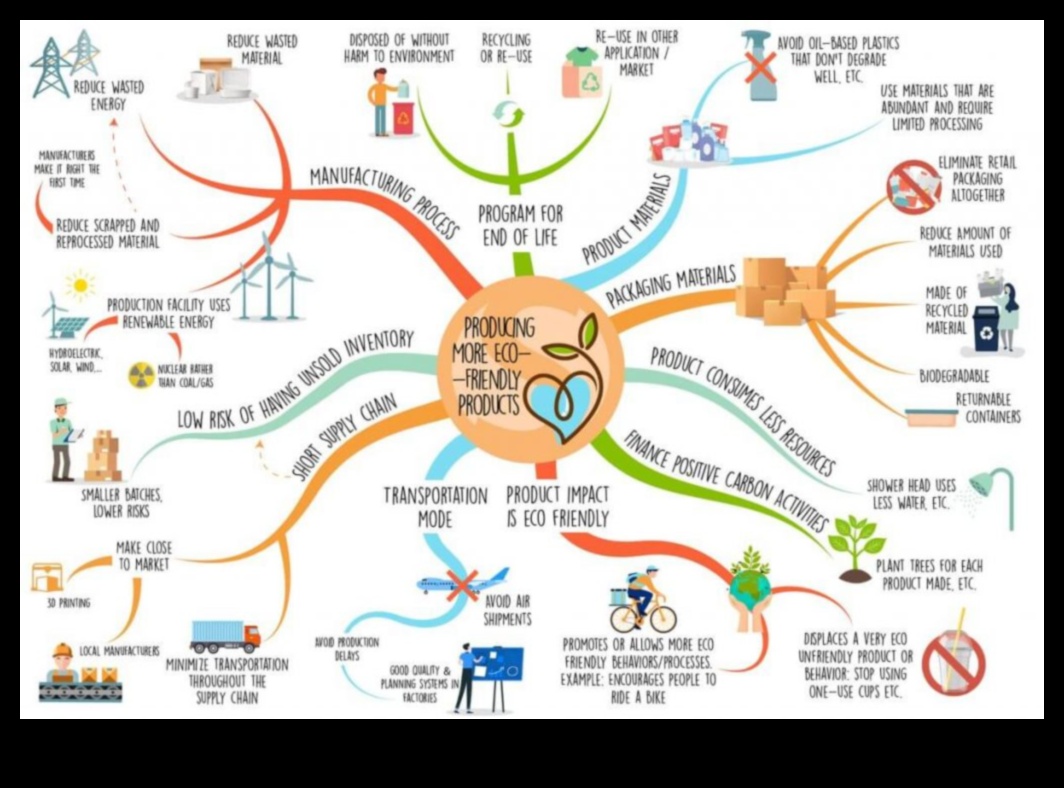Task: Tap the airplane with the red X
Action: point(463,583)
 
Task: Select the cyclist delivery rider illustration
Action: point(642,598)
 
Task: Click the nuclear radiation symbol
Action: point(142,374)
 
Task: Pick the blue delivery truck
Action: point(224,636)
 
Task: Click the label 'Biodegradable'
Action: point(954,376)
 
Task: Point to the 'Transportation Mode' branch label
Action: point(435,507)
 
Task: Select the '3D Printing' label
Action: point(68,603)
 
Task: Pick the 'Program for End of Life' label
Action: point(519,225)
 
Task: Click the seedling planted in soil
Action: point(855,547)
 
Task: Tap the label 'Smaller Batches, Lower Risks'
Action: point(123,502)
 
